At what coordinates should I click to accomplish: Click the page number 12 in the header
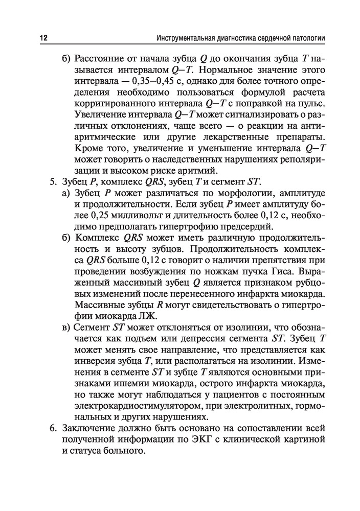pyautogui.click(x=42, y=39)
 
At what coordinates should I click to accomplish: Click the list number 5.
pyautogui.click(x=52, y=182)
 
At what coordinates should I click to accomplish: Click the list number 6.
pyautogui.click(x=52, y=428)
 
